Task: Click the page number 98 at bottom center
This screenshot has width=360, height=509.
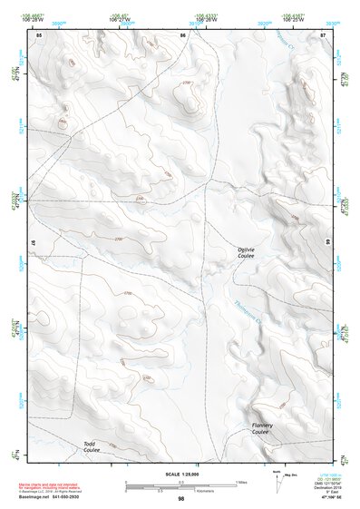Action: [180, 499]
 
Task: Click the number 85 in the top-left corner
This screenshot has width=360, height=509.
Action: [39, 34]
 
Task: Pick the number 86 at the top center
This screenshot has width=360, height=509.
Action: [182, 34]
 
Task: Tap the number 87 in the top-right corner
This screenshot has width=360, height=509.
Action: [323, 34]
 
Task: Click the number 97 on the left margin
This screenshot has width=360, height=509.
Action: [34, 243]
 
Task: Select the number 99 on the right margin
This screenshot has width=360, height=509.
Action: [326, 243]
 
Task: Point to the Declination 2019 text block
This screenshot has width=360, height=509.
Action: [330, 484]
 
